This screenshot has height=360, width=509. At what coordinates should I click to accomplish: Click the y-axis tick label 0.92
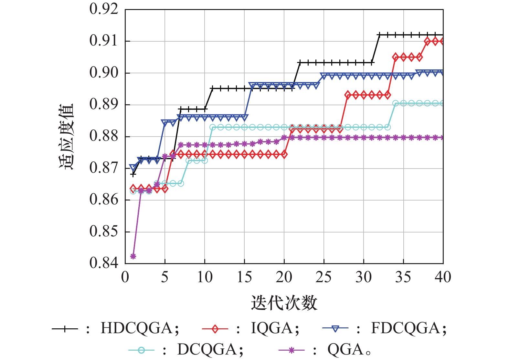pyautogui.click(x=104, y=9)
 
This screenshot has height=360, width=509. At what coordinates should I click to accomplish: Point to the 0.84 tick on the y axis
pyautogui.click(x=104, y=263)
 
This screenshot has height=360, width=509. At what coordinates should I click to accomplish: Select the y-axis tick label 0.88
pyautogui.click(x=104, y=136)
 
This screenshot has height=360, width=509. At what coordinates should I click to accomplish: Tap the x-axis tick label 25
pyautogui.click(x=323, y=277)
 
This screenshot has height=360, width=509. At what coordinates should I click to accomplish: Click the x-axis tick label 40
pyautogui.click(x=443, y=277)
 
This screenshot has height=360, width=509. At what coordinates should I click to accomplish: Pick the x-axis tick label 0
pyautogui.click(x=125, y=277)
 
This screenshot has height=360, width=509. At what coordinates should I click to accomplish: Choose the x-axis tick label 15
pyautogui.click(x=244, y=277)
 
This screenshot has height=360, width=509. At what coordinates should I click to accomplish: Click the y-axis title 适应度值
pyautogui.click(x=67, y=136)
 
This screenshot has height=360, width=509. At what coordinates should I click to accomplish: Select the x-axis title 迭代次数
pyautogui.click(x=284, y=303)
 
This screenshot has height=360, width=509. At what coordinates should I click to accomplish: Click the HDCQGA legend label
pyautogui.click(x=136, y=328)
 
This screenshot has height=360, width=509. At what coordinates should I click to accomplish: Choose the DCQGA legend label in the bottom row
pyautogui.click(x=207, y=349)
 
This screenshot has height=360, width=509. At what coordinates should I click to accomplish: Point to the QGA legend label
pyautogui.click(x=345, y=349)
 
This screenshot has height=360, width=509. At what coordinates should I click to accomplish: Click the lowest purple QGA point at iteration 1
pyautogui.click(x=133, y=256)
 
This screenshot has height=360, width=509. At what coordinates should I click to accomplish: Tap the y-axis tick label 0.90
pyautogui.click(x=104, y=73)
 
